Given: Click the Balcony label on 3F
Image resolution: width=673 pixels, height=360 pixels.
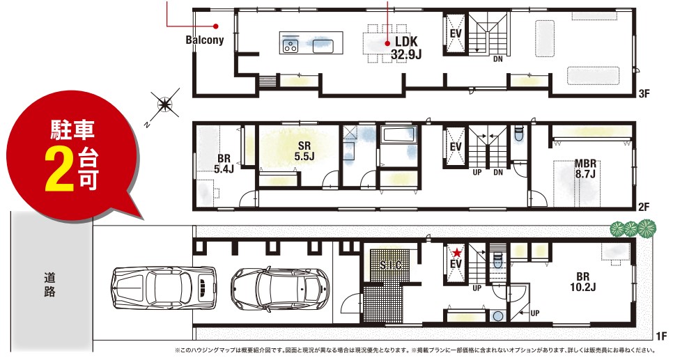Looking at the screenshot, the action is [x=205, y=40].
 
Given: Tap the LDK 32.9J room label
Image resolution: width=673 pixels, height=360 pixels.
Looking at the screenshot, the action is [x=406, y=47].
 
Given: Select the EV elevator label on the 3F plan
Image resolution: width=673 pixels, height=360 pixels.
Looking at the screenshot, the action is [x=456, y=33].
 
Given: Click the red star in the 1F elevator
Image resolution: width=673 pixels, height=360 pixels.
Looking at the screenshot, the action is [x=457, y=252].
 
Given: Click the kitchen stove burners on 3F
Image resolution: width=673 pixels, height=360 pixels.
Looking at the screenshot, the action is [x=291, y=45].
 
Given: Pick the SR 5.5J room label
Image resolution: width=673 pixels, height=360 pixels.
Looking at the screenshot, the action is [x=304, y=151].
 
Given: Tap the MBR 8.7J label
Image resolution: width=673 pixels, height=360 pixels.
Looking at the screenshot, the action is [x=585, y=169].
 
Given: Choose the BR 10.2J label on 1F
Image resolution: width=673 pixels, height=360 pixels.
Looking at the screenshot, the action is [x=583, y=281].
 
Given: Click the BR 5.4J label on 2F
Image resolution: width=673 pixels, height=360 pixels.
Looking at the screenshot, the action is [x=224, y=164].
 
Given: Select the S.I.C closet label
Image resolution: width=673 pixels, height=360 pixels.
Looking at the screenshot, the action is [x=391, y=265].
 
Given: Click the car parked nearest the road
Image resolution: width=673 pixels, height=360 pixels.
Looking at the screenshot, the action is [x=163, y=287].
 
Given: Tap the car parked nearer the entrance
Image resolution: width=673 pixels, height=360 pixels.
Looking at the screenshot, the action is [x=280, y=288].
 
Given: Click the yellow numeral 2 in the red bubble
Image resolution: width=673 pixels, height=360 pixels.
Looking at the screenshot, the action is [x=60, y=170].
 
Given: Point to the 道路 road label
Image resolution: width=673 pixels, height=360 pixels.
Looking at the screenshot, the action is [x=49, y=285].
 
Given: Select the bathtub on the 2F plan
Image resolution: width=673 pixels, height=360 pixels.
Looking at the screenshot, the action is [x=399, y=136].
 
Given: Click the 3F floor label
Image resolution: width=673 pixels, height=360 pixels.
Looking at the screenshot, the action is [x=644, y=93].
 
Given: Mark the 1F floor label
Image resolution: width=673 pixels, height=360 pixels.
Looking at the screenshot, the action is [x=661, y=336].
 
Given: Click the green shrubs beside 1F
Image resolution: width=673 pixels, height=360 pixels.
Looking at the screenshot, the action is [x=633, y=228].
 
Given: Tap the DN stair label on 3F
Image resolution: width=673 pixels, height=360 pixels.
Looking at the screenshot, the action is [x=498, y=59].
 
